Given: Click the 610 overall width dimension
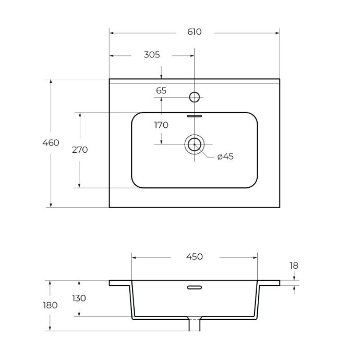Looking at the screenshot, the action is tap(194, 32).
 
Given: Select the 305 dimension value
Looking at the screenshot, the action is tap(152, 55).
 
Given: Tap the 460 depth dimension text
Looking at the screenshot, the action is tap(51, 143).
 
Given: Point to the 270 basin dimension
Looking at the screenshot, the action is tap(80, 150).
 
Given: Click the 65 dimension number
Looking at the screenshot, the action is tap(161, 91).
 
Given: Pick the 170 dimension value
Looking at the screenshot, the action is tap(161, 125).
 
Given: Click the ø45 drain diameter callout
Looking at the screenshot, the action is tap(225, 157).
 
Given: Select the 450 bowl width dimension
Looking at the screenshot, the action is tap(195, 257).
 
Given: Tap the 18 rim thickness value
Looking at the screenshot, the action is tap(294, 266).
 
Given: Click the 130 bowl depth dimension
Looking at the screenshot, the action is tap(79, 298).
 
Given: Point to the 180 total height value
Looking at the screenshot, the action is tap(50, 305).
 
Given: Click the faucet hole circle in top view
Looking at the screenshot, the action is tap(194, 97).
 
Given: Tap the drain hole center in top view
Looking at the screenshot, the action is tap(194, 145).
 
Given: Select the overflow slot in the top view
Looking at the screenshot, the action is tap(195, 116).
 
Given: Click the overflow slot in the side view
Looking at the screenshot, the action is tap(195, 287).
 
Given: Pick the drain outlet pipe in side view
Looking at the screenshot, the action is tap(195, 325).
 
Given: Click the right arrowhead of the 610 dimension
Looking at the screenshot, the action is tap(278, 33).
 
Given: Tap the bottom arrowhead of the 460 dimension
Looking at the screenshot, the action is tap(51, 205).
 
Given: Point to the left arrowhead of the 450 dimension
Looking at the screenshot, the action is tap(134, 258).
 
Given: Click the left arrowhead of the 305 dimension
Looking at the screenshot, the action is tap(112, 56).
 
